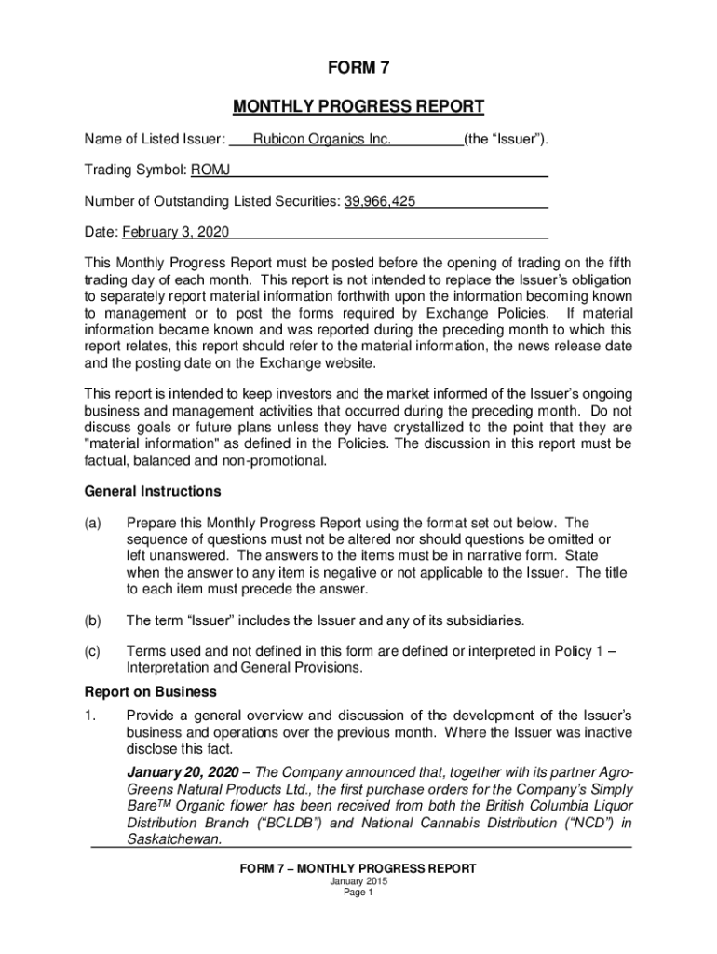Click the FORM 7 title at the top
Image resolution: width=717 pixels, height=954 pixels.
(358, 70)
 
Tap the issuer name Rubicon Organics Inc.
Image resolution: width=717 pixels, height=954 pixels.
(322, 140)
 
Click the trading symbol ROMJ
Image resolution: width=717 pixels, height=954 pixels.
(211, 170)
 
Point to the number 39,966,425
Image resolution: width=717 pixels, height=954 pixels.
(380, 201)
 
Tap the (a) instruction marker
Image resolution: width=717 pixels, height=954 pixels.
(94, 523)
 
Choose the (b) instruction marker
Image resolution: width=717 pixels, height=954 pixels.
(94, 620)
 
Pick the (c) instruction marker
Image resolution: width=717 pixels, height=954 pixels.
(94, 652)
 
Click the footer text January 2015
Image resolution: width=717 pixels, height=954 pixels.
(358, 881)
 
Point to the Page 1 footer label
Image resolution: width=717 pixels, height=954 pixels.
(358, 893)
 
